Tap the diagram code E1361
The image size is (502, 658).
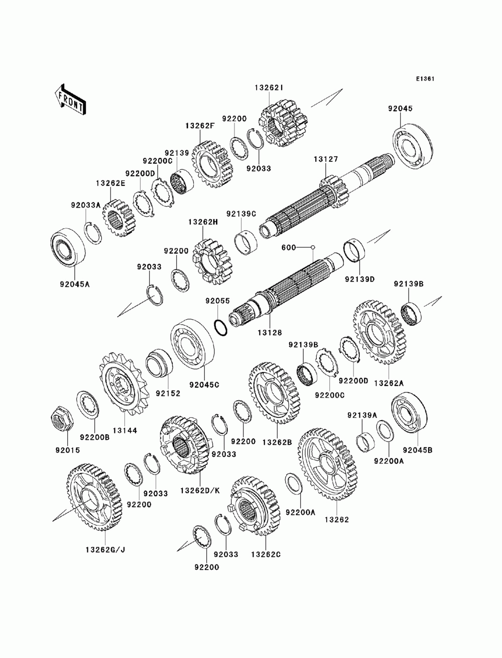tap(425, 79)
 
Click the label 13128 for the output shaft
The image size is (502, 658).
tap(270, 332)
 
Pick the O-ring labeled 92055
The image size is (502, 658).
tap(221, 328)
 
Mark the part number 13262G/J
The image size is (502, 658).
tap(105, 550)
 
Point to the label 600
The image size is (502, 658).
tap(289, 248)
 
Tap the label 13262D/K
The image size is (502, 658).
tap(200, 491)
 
